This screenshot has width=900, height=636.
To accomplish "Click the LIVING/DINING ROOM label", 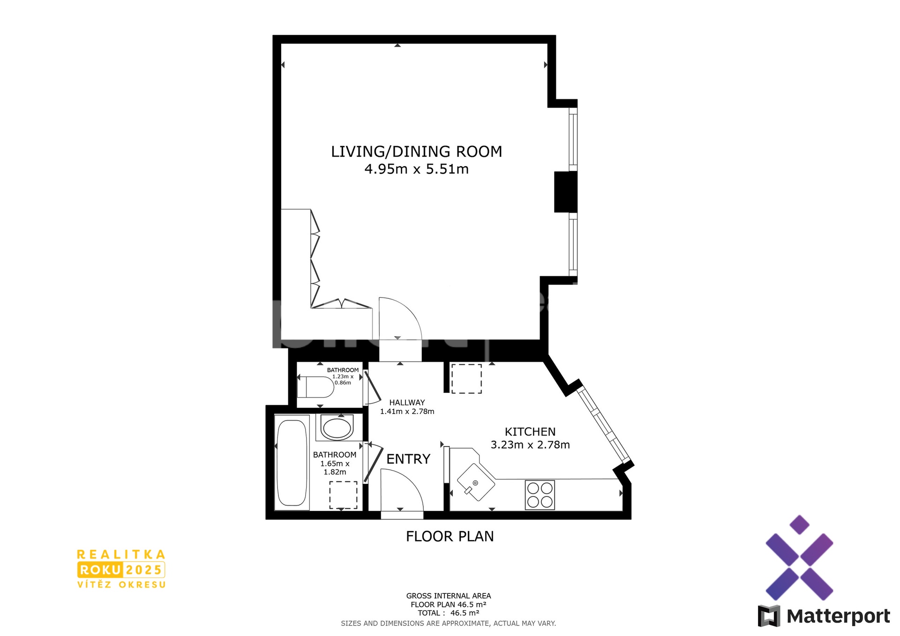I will (x=416, y=152).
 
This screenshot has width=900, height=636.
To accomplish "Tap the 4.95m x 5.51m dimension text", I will (x=416, y=169).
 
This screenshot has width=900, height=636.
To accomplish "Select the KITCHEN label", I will (x=530, y=432).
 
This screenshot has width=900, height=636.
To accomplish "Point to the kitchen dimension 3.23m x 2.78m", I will (x=530, y=445).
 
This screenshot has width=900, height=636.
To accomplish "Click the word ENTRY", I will (x=408, y=459).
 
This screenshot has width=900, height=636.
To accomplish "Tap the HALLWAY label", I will (x=407, y=403).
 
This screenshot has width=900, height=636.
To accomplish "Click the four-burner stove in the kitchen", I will (x=540, y=495).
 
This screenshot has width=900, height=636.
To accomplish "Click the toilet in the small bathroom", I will (x=316, y=387).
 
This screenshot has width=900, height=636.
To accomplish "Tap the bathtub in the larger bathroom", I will (x=292, y=463).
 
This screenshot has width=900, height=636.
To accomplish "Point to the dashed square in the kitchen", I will (x=466, y=378).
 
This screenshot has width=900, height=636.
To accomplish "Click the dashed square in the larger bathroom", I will (x=343, y=495).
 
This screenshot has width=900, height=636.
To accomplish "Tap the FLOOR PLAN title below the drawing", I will (x=450, y=537).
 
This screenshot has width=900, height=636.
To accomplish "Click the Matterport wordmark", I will (x=838, y=616).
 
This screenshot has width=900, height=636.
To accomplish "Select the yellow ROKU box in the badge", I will (x=100, y=570).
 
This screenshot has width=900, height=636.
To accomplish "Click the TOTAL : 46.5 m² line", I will (x=448, y=613).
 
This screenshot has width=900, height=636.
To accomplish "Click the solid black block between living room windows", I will (x=565, y=192).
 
